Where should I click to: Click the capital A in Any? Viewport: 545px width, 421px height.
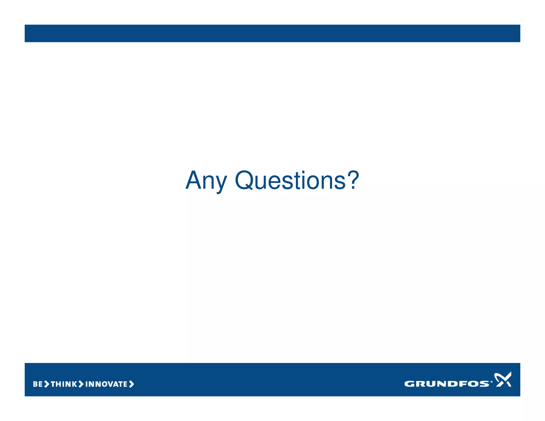193,180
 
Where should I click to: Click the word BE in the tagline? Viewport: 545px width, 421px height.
38,384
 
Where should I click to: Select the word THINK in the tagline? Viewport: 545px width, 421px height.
64,384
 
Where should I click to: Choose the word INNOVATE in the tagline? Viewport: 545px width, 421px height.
106,384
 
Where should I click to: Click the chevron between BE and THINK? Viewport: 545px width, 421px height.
47,384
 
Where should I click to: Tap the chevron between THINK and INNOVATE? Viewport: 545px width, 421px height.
81,384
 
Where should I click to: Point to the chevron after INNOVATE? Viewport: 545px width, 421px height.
131,384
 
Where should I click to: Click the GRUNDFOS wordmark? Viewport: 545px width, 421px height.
446,384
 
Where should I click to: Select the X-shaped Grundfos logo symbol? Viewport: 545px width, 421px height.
503,379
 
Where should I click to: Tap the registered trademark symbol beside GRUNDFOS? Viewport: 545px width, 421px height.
492,382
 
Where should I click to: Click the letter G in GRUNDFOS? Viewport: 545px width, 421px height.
409,384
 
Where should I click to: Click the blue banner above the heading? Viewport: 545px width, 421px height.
272,33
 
